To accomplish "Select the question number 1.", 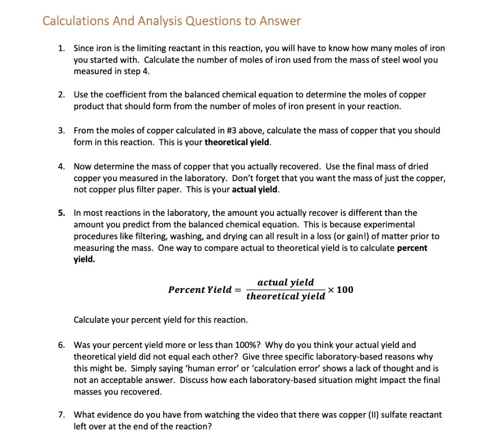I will pos(61,48).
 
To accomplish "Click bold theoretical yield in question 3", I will pos(237,143).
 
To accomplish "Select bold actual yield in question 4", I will pos(255,189).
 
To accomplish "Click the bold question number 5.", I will pos(61,212).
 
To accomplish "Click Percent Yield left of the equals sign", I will pos(200,290).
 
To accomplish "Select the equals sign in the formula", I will pos(237,290).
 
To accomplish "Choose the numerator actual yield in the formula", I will pos(285,282).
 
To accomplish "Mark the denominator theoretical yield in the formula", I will pos(285,296).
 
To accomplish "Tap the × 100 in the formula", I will pos(340,290).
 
